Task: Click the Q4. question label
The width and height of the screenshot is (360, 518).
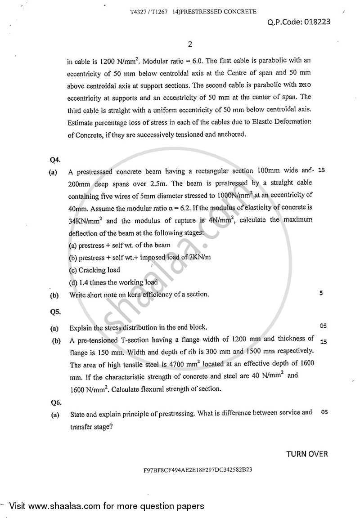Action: coord(55,159)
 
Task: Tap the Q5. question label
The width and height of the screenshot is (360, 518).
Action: coord(55,311)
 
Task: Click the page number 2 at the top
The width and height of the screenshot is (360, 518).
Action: coord(189,44)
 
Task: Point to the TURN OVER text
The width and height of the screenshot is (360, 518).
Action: coord(307,454)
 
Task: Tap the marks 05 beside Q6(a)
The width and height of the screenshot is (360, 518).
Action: coord(324,412)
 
